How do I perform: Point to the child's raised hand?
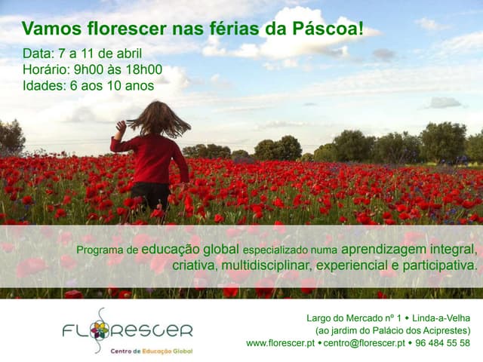coord(121,125)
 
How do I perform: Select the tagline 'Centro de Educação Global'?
coord(152,351)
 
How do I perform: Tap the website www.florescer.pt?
coord(280,343)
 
